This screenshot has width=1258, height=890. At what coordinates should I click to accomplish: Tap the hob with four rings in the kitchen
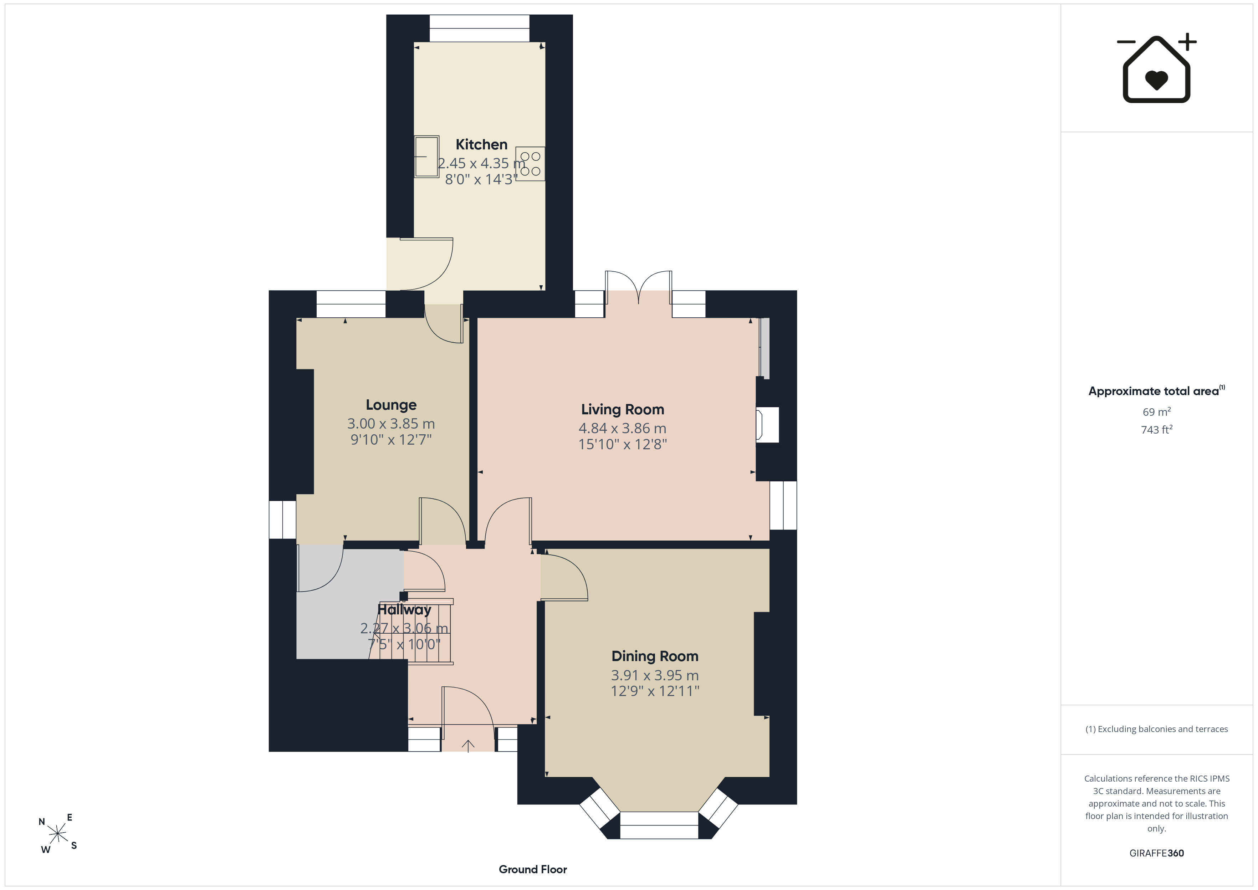tap(530, 164)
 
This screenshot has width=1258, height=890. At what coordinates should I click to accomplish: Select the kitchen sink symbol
tap(426, 157)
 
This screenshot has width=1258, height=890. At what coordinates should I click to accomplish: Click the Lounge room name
tap(391, 405)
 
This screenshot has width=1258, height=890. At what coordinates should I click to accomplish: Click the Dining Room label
tap(655, 656)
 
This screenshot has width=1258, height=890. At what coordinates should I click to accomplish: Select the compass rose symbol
tap(57, 834)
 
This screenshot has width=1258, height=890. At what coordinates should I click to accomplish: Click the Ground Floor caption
tap(533, 869)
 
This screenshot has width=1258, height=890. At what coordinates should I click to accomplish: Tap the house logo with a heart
tap(1156, 68)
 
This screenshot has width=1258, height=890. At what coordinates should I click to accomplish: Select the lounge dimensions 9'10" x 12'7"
tap(391, 440)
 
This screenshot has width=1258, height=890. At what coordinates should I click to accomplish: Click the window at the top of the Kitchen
tap(480, 29)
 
